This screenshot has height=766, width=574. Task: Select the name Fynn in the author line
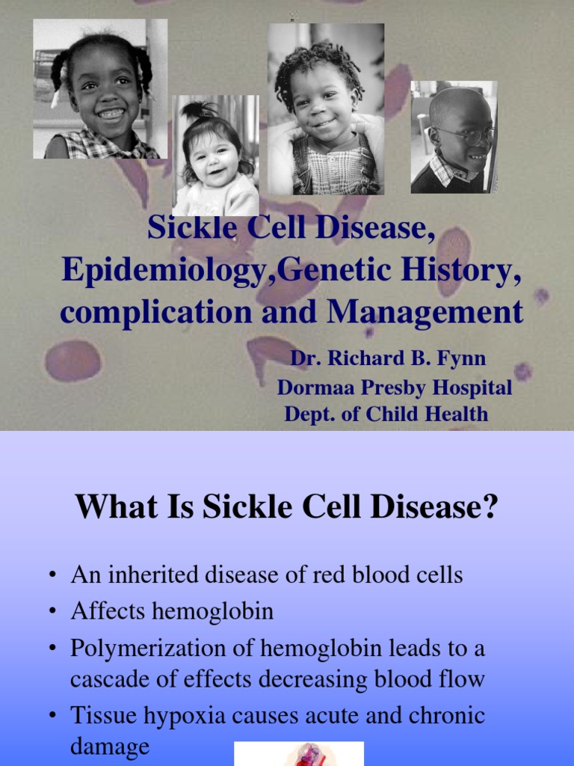pos(463,358)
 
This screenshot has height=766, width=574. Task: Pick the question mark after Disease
pos(490,509)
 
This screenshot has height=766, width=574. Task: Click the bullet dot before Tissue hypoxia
pos(52,717)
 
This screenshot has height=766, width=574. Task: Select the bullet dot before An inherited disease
pos(52,576)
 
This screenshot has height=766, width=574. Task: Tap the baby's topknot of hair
pos(195,111)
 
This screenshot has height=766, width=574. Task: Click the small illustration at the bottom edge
pos(299,754)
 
